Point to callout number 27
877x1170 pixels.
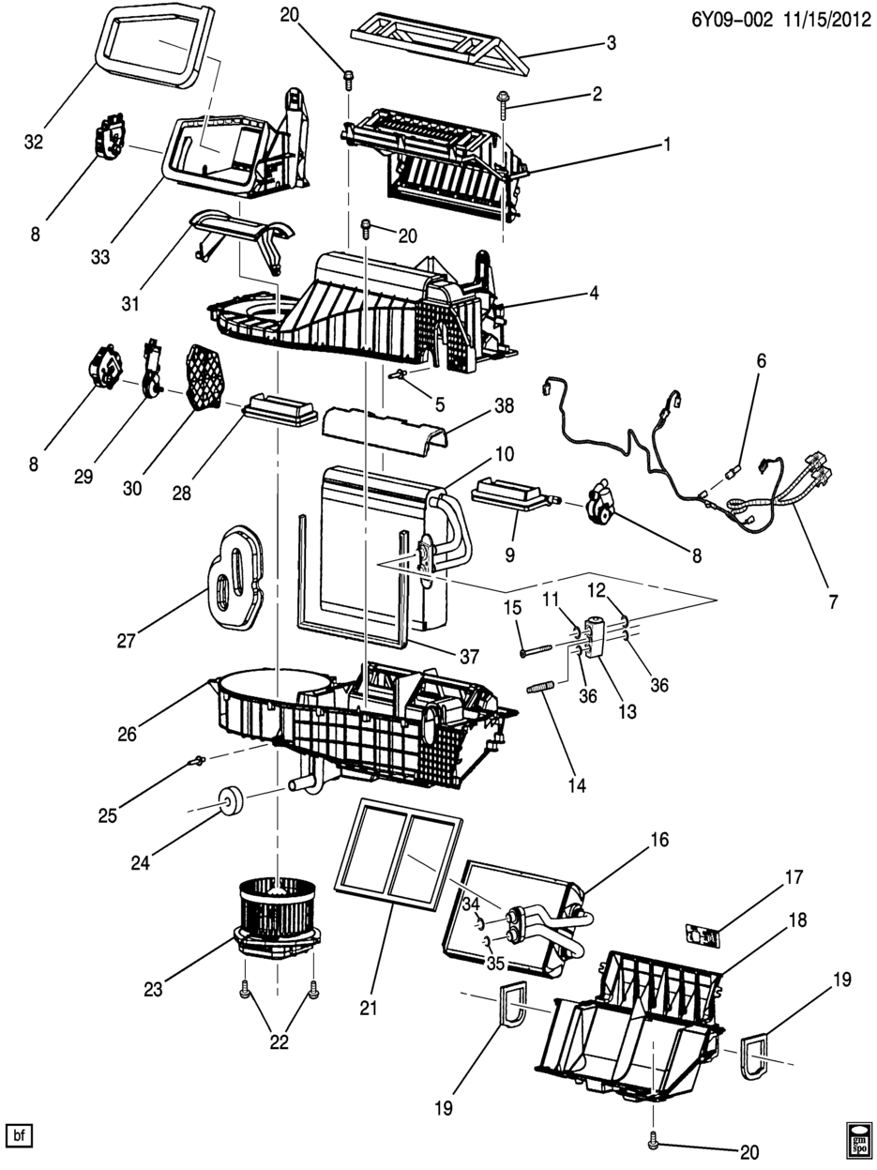pos(127,642)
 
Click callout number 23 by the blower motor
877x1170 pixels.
pos(154,987)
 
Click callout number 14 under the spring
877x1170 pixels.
pos(576,787)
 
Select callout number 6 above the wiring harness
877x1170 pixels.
pos(762,360)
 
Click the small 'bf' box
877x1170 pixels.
pos(19,1136)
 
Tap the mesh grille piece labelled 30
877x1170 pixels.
pos(207,376)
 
